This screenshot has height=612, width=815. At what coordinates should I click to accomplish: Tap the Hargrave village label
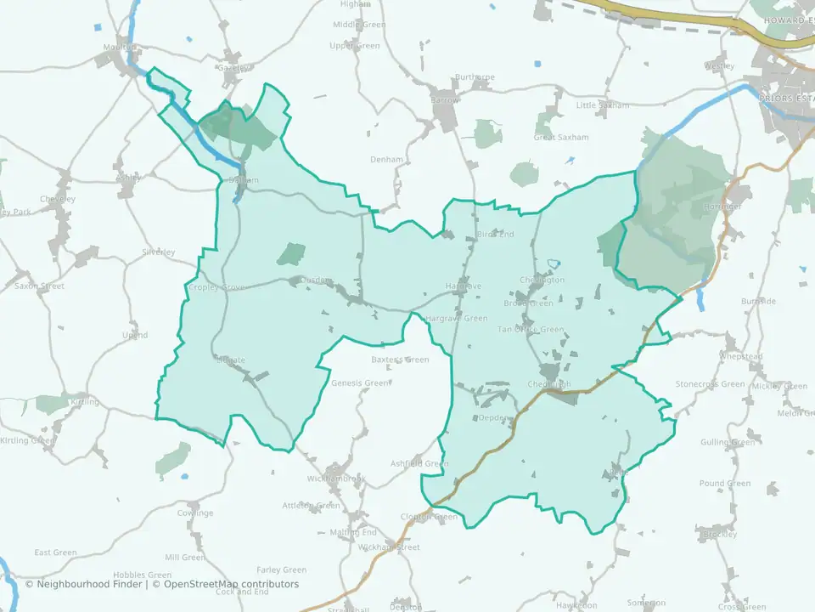coord(464,286)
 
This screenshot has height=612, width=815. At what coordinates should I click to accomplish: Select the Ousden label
coord(317,281)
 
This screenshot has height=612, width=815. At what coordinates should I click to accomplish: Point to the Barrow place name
coord(444,99)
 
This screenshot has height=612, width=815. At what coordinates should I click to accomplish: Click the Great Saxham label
coord(561,137)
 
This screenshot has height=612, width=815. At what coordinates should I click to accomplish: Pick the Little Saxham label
coord(603,105)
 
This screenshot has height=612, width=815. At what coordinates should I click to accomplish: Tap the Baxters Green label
coord(401,360)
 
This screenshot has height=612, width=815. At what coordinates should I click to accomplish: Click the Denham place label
coord(386,159)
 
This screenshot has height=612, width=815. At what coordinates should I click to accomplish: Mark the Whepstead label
coord(741,356)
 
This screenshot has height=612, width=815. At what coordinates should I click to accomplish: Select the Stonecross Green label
coord(710,384)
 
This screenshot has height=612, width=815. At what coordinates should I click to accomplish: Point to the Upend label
coord(135,336)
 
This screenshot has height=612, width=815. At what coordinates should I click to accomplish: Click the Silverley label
coord(159,252)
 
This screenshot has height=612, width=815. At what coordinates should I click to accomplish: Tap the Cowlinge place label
coord(195,513)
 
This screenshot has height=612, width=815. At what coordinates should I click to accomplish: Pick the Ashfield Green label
coord(419,463)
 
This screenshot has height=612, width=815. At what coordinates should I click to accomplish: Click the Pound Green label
coord(725,484)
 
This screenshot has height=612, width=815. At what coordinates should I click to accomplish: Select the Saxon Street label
coord(39,286)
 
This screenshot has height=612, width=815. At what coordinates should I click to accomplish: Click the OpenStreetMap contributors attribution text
coord(231,584)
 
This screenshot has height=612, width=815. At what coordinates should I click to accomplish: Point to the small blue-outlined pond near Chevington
coord(555,264)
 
